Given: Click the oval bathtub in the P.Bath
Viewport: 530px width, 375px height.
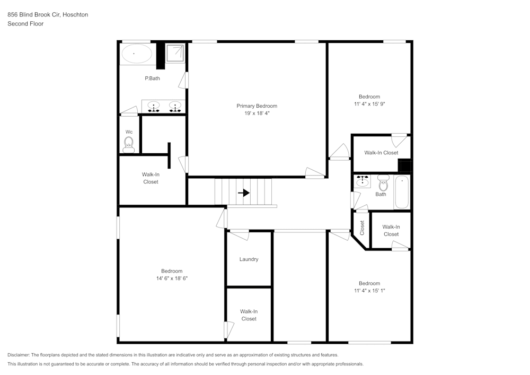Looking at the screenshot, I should tap(137, 54).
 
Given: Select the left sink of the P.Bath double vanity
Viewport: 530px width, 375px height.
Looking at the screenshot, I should tap(154, 106).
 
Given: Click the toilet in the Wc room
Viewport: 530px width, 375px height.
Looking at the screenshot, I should tap(128, 144).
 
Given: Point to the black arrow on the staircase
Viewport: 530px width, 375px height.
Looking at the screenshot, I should tap(244, 193).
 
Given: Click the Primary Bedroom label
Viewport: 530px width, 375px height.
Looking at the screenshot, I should tap(257, 106).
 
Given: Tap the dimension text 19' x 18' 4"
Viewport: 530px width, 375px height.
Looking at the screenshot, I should tap(257, 114).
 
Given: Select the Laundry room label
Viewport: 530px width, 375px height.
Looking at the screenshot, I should tap(249, 259).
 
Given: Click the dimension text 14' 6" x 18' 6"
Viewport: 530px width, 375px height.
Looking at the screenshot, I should tap(172, 278).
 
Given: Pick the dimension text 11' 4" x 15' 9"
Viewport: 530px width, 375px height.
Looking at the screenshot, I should tap(369, 104).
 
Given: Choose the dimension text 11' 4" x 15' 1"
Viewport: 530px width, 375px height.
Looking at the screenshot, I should tap(369, 291).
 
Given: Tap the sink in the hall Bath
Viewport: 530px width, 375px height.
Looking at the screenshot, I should tap(363, 182).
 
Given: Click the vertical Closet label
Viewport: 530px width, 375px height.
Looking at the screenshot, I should tap(363, 228).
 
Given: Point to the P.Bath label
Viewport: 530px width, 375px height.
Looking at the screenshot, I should tap(152, 79).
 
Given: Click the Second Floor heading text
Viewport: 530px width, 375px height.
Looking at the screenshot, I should tap(25, 24).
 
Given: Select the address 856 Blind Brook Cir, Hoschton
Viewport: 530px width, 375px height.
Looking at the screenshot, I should tap(48, 15).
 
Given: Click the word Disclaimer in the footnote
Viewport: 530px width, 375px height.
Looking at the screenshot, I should tap(19, 355).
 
